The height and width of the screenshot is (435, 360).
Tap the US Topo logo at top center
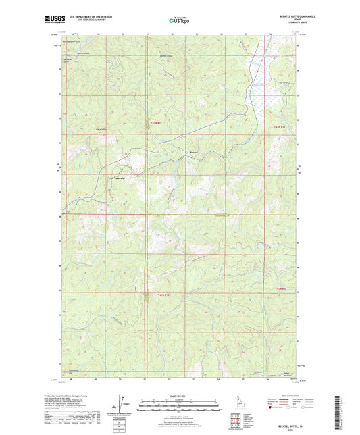(x=179, y=21)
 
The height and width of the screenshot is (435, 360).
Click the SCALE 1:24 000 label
(x=179, y=396)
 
